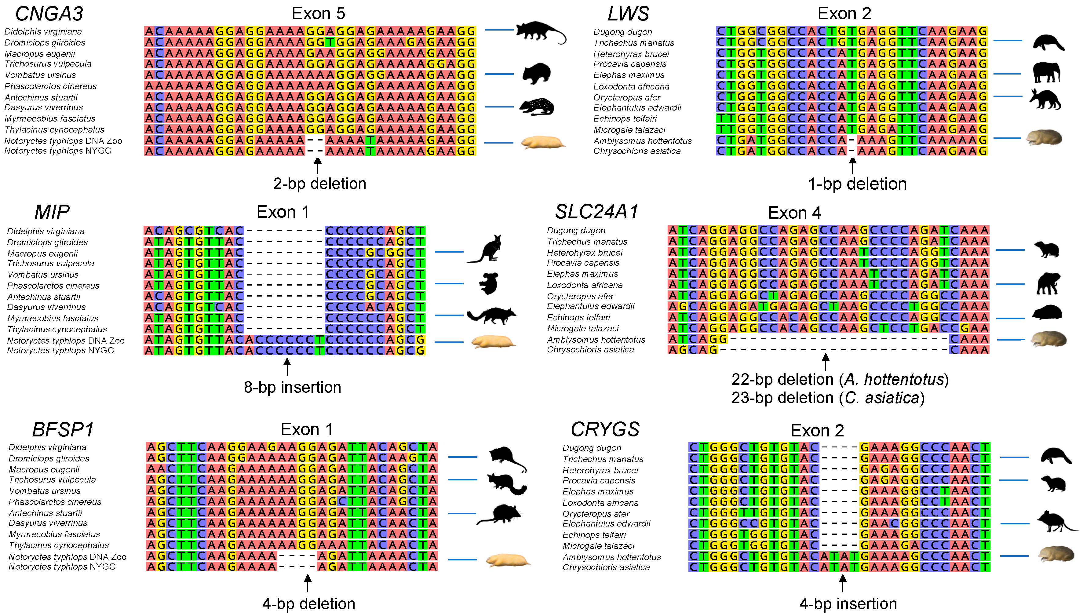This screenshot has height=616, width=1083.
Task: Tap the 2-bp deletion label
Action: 319,184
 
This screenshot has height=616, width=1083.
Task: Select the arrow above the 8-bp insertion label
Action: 287,367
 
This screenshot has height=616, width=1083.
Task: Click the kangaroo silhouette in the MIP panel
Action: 485,249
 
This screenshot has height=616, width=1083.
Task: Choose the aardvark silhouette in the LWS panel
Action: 1045,100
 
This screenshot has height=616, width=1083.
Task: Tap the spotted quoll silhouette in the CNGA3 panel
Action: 536,107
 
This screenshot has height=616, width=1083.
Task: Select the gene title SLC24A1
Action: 596,212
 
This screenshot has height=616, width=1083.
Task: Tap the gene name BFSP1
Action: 63,430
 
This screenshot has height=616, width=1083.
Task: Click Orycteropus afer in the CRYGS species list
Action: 596,514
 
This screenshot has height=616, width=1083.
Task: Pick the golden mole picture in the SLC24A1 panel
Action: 1048,339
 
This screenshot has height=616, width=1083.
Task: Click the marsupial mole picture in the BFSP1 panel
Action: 508,560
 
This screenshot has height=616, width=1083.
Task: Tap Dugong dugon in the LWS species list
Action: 622,32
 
